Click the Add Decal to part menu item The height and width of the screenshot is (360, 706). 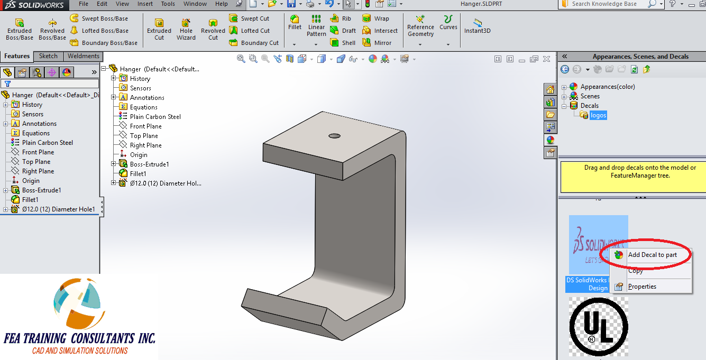click(652, 255)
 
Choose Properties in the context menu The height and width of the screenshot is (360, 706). click(642, 287)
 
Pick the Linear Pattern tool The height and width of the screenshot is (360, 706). click(316, 26)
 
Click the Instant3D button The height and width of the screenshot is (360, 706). click(478, 26)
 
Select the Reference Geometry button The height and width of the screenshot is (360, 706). click(420, 26)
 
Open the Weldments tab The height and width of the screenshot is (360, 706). click(84, 56)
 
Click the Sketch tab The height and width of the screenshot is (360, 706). click(48, 56)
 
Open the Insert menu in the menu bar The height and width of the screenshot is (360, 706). click(145, 4)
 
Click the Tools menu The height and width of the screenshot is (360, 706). click(168, 4)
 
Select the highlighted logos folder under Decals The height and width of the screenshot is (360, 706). click(598, 115)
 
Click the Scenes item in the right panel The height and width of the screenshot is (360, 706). click(590, 96)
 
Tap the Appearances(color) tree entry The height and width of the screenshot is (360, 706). click(607, 87)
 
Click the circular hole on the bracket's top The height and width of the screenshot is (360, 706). click(334, 136)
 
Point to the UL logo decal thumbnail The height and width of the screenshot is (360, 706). click(599, 326)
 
